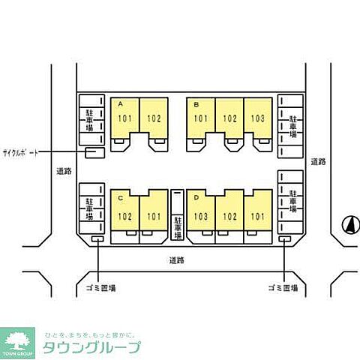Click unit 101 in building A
124,118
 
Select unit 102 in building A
153,118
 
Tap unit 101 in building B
201,118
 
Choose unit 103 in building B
257,118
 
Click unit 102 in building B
229,118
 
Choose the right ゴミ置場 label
283,287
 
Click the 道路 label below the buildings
176,260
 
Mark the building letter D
195,198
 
